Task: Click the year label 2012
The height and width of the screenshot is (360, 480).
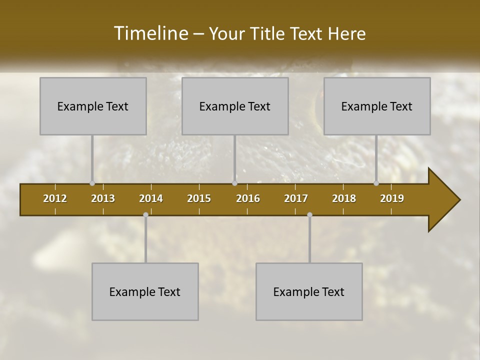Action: (x=55, y=198)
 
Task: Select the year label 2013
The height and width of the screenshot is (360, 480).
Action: (x=103, y=198)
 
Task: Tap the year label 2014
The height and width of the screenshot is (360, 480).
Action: (x=151, y=198)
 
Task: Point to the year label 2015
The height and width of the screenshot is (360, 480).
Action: (x=199, y=198)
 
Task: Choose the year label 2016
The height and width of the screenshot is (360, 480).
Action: (x=248, y=198)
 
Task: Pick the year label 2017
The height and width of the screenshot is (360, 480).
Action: (x=296, y=198)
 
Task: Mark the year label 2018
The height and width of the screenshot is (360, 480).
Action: (x=344, y=198)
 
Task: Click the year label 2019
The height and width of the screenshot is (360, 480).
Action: (x=392, y=198)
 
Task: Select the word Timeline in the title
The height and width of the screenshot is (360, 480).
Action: (x=150, y=33)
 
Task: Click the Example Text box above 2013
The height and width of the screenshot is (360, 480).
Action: (x=93, y=106)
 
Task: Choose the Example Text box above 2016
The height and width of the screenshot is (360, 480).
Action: (x=235, y=106)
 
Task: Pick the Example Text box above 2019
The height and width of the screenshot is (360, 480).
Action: (x=377, y=106)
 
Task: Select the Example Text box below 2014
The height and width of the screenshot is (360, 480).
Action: (x=145, y=291)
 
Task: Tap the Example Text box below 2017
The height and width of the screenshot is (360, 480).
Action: (x=309, y=291)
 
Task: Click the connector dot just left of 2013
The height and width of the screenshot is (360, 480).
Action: (x=92, y=183)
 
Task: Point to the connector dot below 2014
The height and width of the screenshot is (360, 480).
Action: (x=145, y=215)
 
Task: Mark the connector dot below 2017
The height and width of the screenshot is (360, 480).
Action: (x=309, y=215)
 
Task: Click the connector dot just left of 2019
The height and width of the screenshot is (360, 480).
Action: (x=376, y=183)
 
